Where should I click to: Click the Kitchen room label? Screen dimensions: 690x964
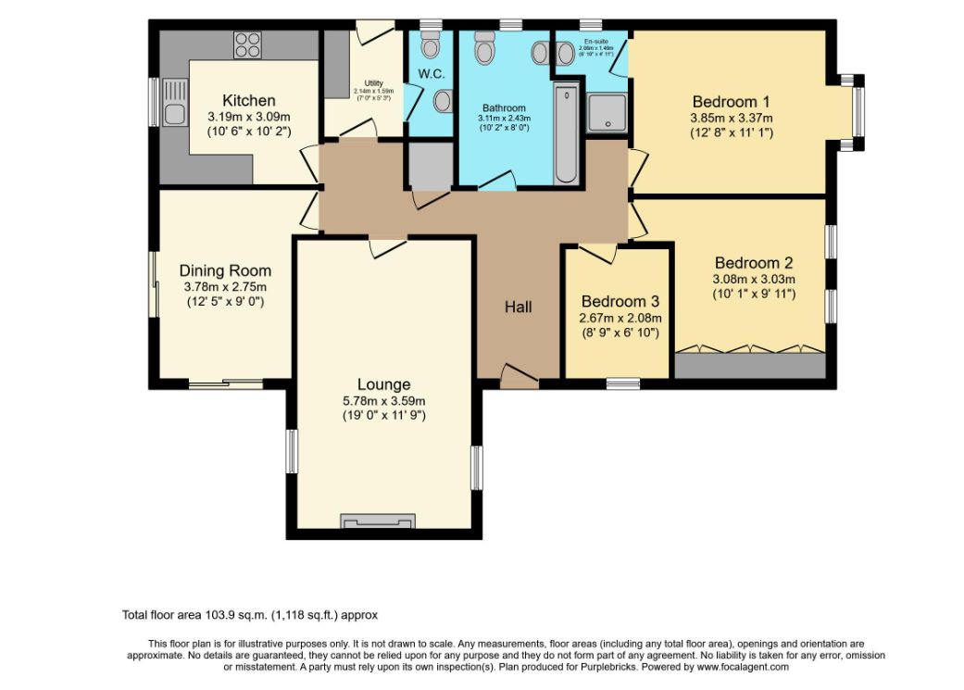click(248, 100)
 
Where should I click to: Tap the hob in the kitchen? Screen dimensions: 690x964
click(247, 45)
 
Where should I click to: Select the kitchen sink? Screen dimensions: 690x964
click(172, 104)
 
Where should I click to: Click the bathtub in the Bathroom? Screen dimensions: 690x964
click(565, 133)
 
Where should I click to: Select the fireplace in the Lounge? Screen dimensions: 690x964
click(376, 523)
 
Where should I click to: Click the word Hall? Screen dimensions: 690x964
click(518, 307)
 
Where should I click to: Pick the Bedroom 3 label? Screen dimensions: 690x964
click(620, 302)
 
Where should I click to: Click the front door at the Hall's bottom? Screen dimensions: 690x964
click(519, 374)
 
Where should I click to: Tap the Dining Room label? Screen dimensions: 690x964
click(225, 270)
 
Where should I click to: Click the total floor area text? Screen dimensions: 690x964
click(250, 614)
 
